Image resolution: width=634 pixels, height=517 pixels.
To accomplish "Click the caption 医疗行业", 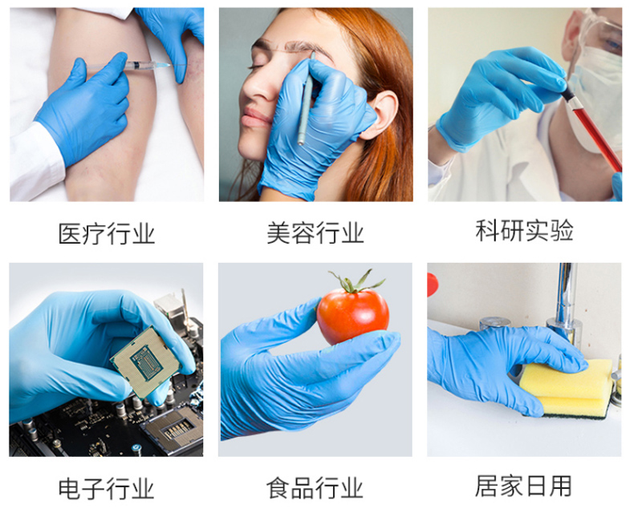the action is [x=107, y=233].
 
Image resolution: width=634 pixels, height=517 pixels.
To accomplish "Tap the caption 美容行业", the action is [x=315, y=232].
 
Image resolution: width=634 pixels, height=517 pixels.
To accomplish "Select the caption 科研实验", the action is [x=524, y=231].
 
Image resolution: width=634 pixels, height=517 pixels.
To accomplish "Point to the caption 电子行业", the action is [x=107, y=488].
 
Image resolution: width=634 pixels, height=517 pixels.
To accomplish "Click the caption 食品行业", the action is [x=315, y=487].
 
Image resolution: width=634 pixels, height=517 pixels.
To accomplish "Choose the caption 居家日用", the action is [x=523, y=486].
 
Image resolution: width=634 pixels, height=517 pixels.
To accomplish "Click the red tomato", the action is [x=352, y=315].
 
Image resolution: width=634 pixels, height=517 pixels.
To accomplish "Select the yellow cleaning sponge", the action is [x=566, y=389].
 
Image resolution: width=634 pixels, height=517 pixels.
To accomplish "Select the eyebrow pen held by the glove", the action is [x=306, y=99].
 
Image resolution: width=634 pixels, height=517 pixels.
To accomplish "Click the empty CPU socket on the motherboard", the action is [x=175, y=429].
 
